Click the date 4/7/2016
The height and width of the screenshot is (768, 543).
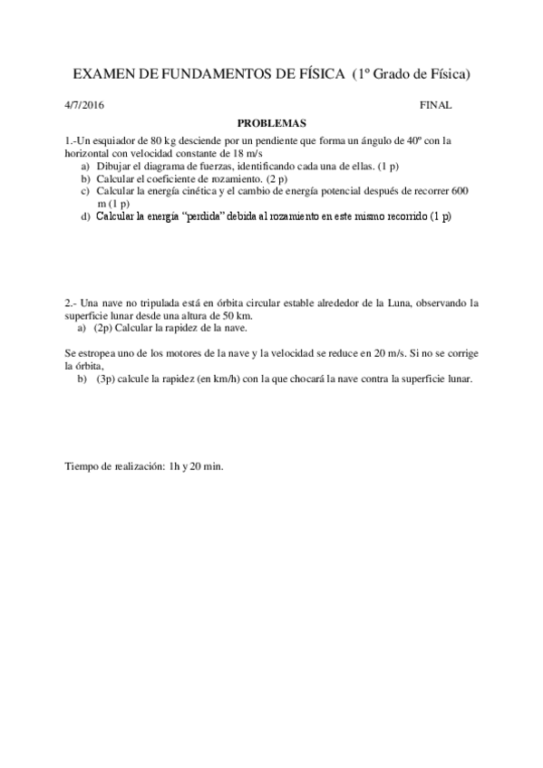tap(84, 105)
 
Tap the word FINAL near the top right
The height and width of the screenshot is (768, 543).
tap(436, 105)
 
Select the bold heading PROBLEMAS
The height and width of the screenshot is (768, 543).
tap(272, 123)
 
